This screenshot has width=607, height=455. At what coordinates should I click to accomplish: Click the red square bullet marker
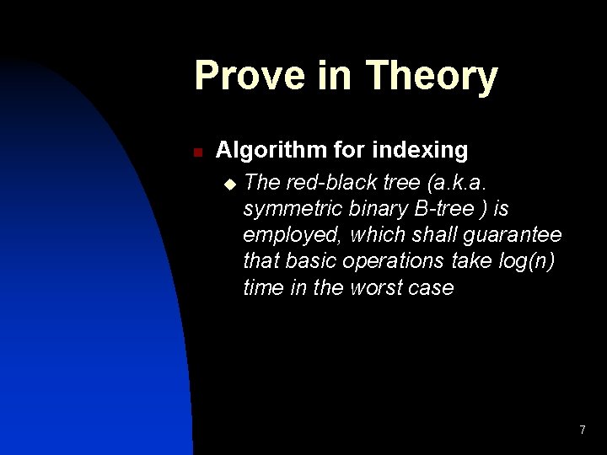196,153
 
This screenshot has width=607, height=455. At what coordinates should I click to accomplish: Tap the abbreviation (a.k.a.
460,182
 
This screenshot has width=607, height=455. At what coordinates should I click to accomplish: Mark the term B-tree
443,208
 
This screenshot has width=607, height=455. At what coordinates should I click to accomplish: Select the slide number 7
582,431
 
